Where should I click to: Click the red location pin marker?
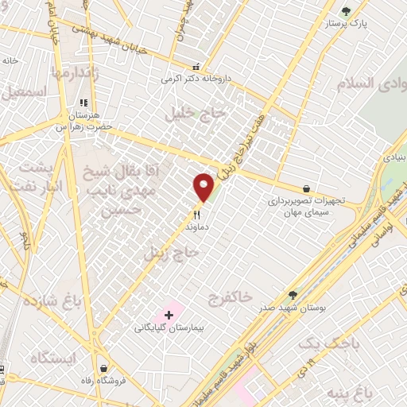click(x=204, y=187)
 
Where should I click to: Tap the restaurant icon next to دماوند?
click(x=196, y=213)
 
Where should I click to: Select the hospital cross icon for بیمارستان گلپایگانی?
click(x=169, y=315)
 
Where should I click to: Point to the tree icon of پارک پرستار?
click(x=345, y=11)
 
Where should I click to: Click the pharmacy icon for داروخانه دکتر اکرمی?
click(x=196, y=67)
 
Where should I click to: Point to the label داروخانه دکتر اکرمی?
click(x=190, y=79)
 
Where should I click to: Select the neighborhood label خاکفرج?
click(x=224, y=300)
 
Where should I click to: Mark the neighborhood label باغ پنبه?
click(x=370, y=392)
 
